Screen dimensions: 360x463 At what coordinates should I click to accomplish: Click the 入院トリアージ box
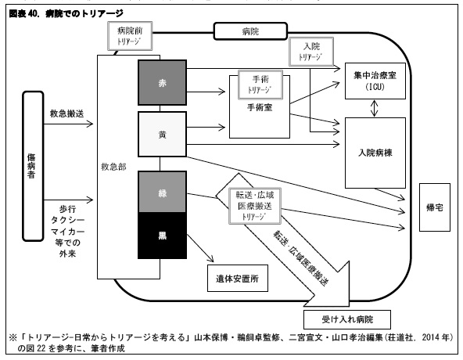(312, 52)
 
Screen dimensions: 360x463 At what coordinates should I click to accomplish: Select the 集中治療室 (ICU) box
(377, 79)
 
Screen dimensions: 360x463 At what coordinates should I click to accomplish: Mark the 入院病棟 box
(376, 153)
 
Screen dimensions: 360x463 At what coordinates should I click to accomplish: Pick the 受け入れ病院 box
(348, 320)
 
